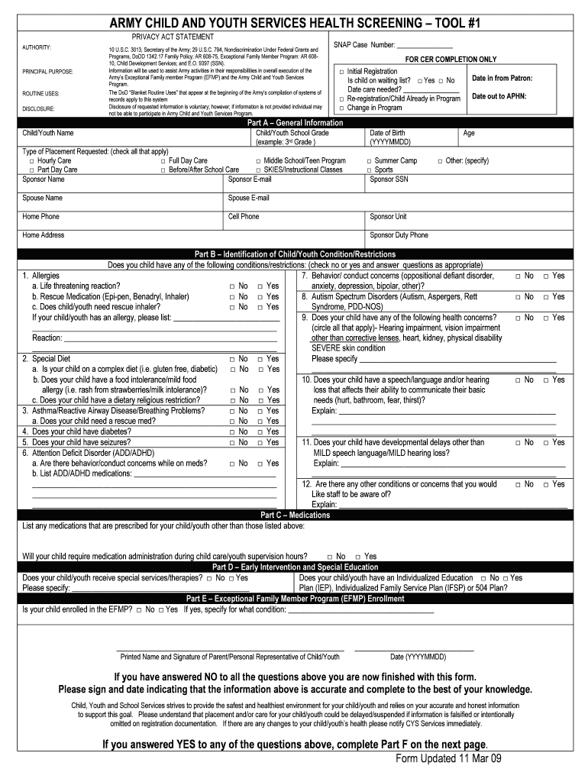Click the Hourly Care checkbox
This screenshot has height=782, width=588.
pyautogui.click(x=31, y=161)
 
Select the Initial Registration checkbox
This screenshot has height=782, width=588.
pyautogui.click(x=341, y=72)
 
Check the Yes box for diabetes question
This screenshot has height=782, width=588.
pyautogui.click(x=260, y=431)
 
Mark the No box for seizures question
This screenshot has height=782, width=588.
pyautogui.click(x=232, y=442)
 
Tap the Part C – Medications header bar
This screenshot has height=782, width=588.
pyautogui.click(x=295, y=515)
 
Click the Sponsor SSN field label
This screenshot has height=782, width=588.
pyautogui.click(x=389, y=179)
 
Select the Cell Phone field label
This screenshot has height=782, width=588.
pyautogui.click(x=244, y=216)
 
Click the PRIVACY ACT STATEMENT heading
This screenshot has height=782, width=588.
pyautogui.click(x=173, y=37)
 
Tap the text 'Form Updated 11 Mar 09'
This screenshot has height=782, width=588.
pyautogui.click(x=447, y=758)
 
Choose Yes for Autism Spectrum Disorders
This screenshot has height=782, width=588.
pyautogui.click(x=546, y=297)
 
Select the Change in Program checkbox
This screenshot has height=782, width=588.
pyautogui.click(x=341, y=108)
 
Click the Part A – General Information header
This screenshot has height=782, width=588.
pyautogui.click(x=295, y=123)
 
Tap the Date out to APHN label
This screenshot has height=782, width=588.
pyautogui.click(x=499, y=96)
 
